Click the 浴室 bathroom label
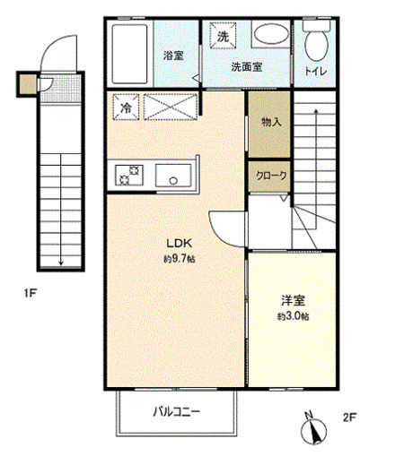click(172, 56)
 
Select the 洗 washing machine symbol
click(222, 36)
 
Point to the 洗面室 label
click(245, 66)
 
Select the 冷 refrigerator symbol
click(125, 107)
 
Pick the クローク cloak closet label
click(269, 177)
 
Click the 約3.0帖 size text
click(293, 317)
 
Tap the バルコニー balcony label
click(176, 412)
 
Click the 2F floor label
click(350, 418)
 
